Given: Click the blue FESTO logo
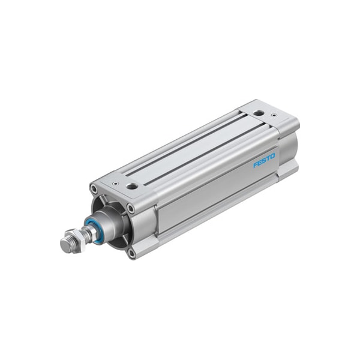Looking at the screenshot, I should click(264, 160).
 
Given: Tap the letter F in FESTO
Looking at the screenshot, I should click(255, 164).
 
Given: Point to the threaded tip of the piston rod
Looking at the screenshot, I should click(65, 245).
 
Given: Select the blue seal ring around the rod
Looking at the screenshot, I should click(92, 230).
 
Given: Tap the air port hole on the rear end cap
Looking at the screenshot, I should click(258, 112).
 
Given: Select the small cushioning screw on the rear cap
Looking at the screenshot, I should click(274, 115).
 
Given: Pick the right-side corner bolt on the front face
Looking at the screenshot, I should click(131, 208).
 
